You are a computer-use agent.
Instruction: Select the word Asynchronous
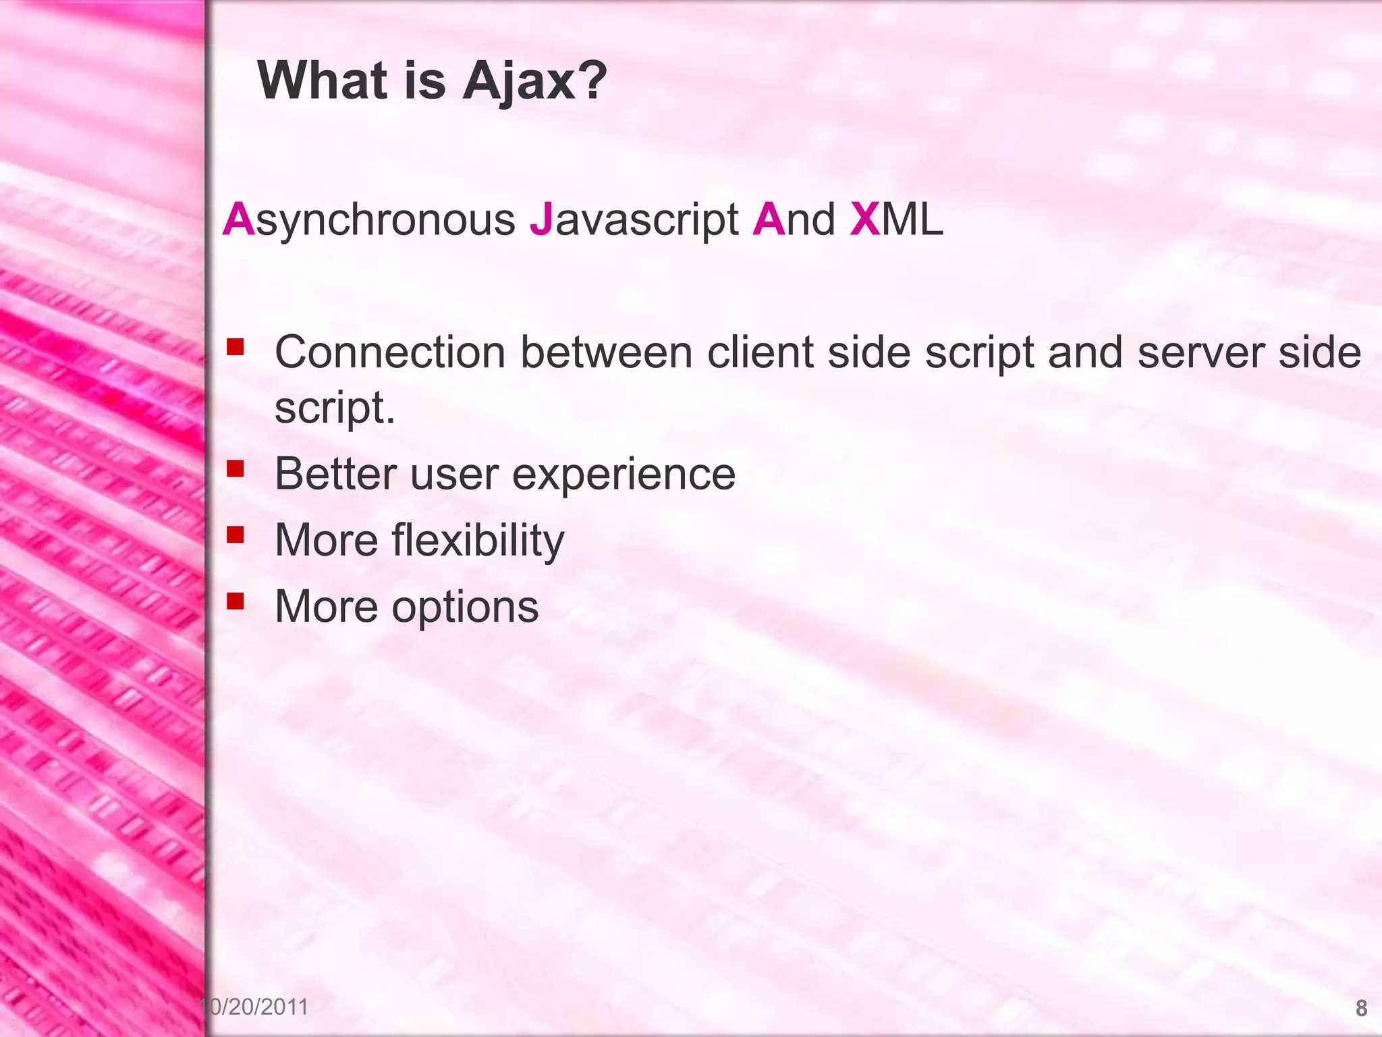[369, 219]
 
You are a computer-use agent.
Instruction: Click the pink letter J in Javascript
[541, 219]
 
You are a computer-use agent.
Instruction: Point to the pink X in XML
[864, 219]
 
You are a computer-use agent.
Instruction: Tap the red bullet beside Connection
[235, 348]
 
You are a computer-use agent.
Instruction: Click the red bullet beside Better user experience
[235, 468]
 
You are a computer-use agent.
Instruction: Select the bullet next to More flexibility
[235, 535]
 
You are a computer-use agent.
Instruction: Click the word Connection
[389, 352]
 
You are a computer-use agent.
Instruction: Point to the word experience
[623, 475]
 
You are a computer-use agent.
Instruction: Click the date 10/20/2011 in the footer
[255, 1007]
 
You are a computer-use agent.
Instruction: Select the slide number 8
[1361, 1008]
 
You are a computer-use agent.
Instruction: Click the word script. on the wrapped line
[335, 408]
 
